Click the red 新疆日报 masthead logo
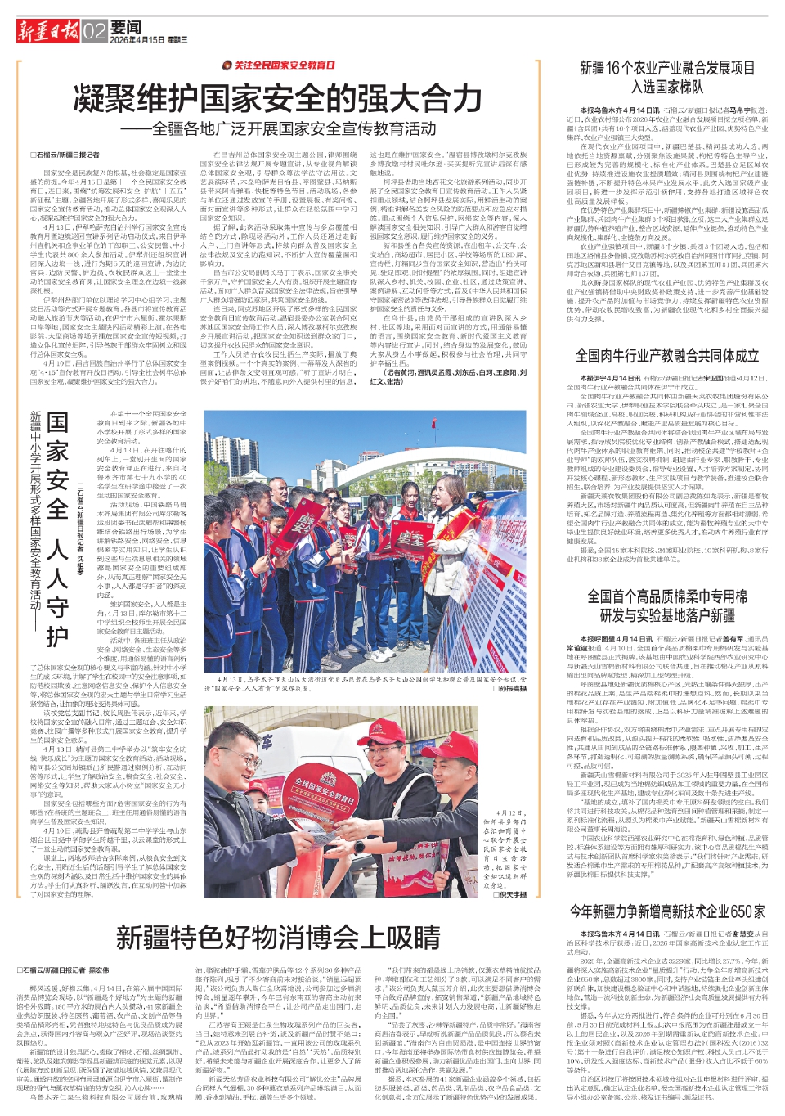click(x=47, y=32)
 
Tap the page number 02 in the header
click(x=94, y=32)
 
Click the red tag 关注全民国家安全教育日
click(x=278, y=65)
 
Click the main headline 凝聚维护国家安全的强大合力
click(x=278, y=99)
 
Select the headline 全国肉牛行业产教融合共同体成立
click(x=667, y=355)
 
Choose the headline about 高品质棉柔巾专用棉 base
click(x=667, y=605)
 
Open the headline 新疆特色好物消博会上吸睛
click(x=278, y=937)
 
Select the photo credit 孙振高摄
click(x=509, y=689)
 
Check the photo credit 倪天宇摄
click(x=509, y=895)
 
